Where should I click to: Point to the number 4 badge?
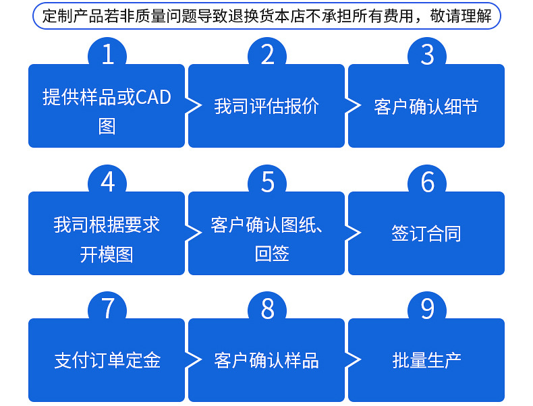coord(108,182)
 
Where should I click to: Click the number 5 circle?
coord(268,182)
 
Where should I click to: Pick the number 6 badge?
coord(427,182)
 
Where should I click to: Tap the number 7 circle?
coord(108,309)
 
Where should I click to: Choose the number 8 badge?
coord(268,309)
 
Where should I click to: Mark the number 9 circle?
coord(427,309)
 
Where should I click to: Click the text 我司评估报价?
coord(266,107)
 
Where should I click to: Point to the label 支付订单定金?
coord(107,360)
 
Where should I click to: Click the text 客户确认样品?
coord(266,360)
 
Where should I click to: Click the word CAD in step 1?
coord(154,97)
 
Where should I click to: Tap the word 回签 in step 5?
coord(272,254)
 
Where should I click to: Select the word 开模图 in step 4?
coord(107,254)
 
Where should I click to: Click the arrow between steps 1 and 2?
coord(194,106)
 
